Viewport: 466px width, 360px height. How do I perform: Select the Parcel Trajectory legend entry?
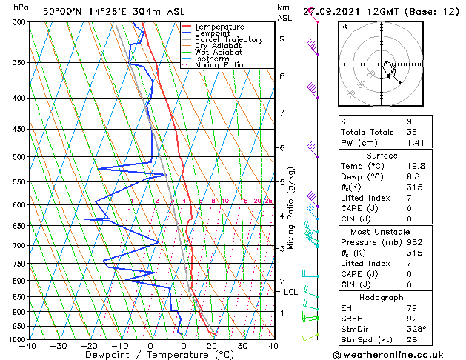pyautogui.click(x=228, y=40)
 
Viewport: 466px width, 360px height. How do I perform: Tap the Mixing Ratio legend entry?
pyautogui.click(x=219, y=65)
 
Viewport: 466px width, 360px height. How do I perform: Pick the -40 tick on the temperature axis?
pyautogui.click(x=29, y=346)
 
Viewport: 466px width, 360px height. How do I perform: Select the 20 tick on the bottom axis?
pyautogui.click(x=212, y=346)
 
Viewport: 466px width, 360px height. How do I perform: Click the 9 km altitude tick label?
pyautogui.click(x=282, y=39)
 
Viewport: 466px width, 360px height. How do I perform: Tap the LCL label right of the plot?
pyautogui.click(x=291, y=292)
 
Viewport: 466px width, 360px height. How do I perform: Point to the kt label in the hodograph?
pyautogui.click(x=344, y=26)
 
